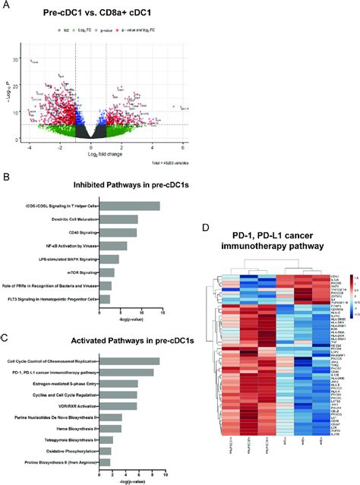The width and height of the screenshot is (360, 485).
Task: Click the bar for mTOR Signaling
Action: pyautogui.click(x=107, y=272)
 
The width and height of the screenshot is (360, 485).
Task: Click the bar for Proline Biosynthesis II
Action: pyautogui.click(x=106, y=461)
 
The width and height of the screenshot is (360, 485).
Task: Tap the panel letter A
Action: pyautogui.click(x=7, y=6)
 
